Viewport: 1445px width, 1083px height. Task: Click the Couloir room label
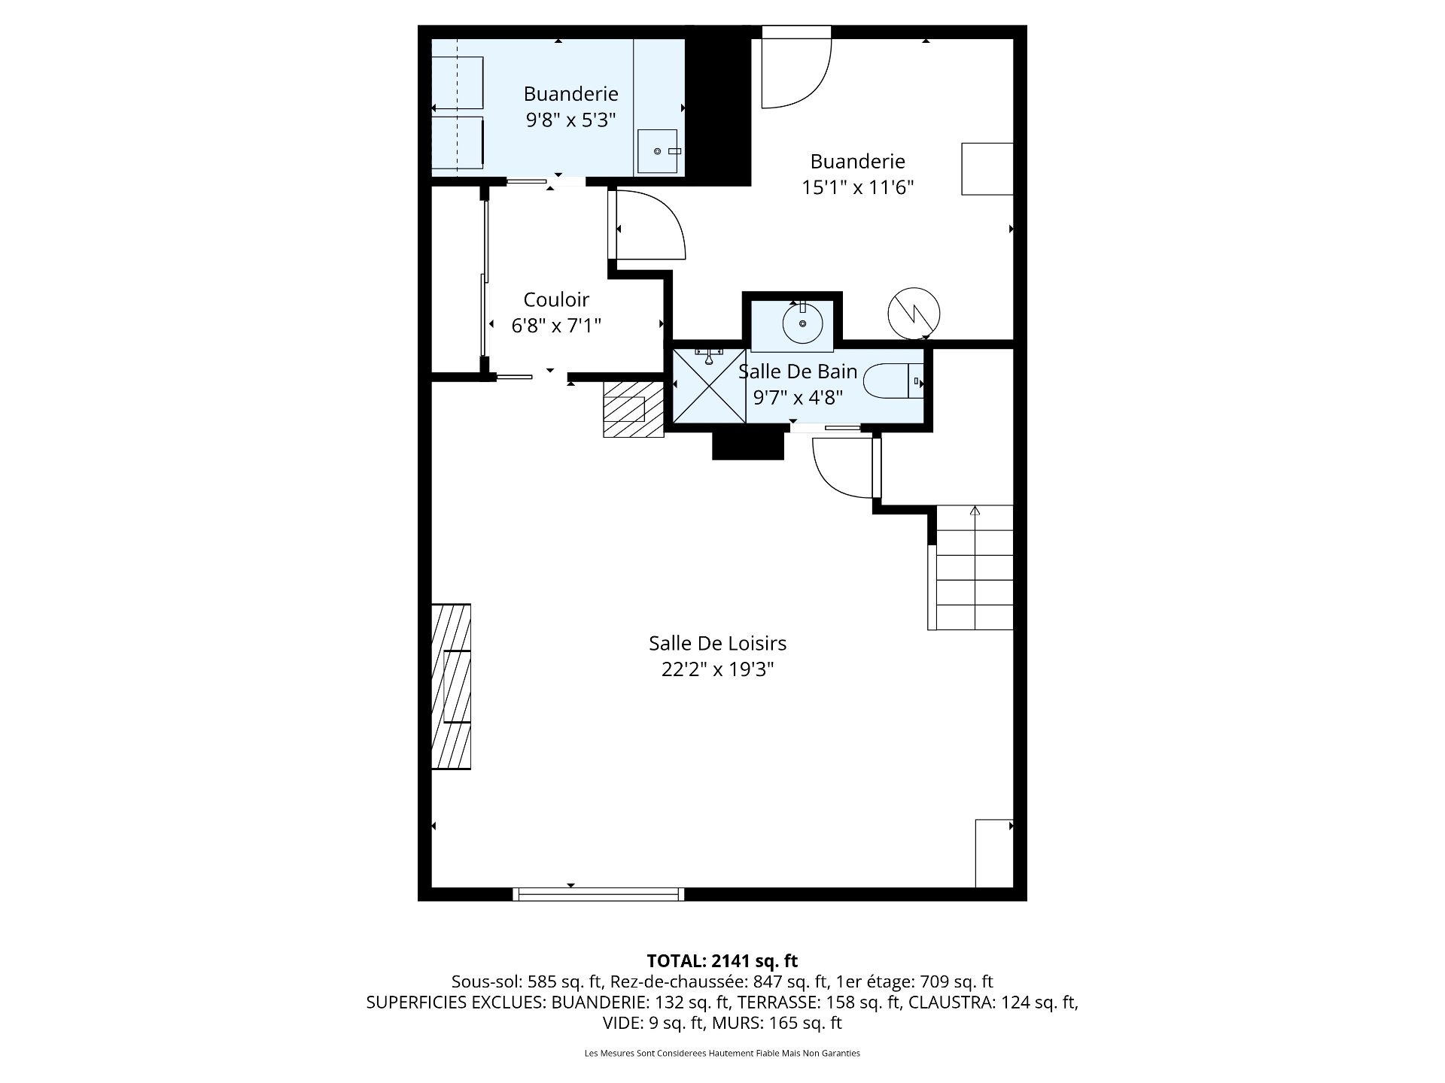556,299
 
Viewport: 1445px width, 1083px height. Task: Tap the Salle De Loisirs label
718,643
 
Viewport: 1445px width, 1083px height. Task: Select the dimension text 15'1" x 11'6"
858,187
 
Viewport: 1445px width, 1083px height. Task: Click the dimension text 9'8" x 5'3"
570,120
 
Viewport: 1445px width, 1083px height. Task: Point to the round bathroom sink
803,324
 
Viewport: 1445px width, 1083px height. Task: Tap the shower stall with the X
709,387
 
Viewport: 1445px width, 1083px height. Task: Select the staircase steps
971,568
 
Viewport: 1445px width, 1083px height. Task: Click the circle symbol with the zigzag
914,313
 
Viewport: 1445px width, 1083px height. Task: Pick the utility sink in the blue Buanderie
659,151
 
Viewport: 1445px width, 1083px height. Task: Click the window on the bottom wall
598,894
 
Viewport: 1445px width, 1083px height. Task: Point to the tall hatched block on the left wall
451,687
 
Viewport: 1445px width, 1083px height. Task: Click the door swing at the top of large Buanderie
797,68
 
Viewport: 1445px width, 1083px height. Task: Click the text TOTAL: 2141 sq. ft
722,960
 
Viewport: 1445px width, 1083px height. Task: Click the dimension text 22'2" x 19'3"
718,669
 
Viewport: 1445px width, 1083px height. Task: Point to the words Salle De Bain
798,371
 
